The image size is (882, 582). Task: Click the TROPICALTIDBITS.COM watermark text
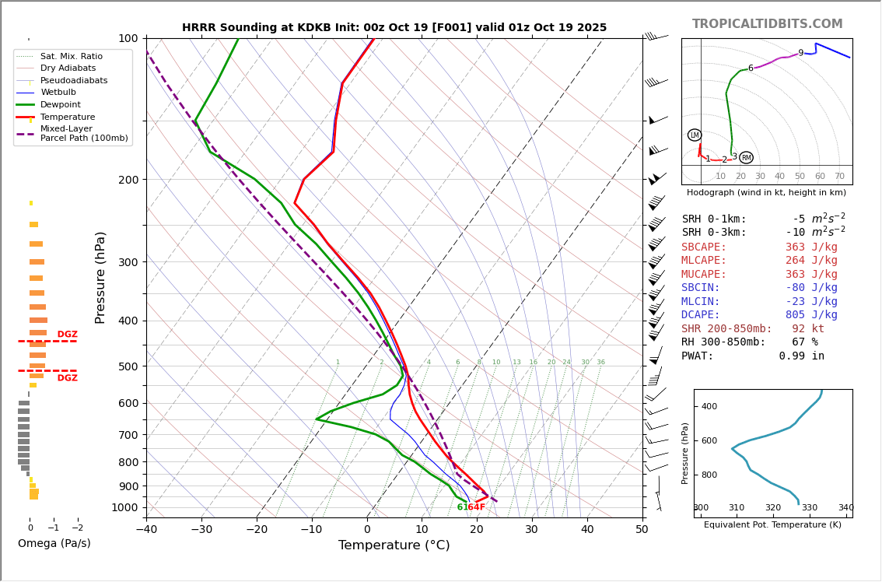(767, 24)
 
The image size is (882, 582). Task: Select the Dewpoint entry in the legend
(60, 104)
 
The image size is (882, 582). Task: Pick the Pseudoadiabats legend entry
(74, 80)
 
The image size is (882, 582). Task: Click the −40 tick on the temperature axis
(146, 530)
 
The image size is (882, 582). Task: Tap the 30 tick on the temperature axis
(532, 530)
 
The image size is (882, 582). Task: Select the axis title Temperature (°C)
(394, 545)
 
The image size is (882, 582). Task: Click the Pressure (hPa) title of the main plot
(100, 277)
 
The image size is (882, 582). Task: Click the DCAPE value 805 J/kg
(811, 315)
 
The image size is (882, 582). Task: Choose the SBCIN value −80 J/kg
(811, 288)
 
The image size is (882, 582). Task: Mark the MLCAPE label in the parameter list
(704, 261)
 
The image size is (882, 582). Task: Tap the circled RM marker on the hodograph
(746, 158)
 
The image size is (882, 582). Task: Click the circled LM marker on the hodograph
(695, 135)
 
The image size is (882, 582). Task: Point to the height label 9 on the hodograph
(800, 54)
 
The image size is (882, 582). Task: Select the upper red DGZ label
(67, 335)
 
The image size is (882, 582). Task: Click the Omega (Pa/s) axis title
(54, 543)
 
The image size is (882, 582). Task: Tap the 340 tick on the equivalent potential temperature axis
(845, 508)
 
